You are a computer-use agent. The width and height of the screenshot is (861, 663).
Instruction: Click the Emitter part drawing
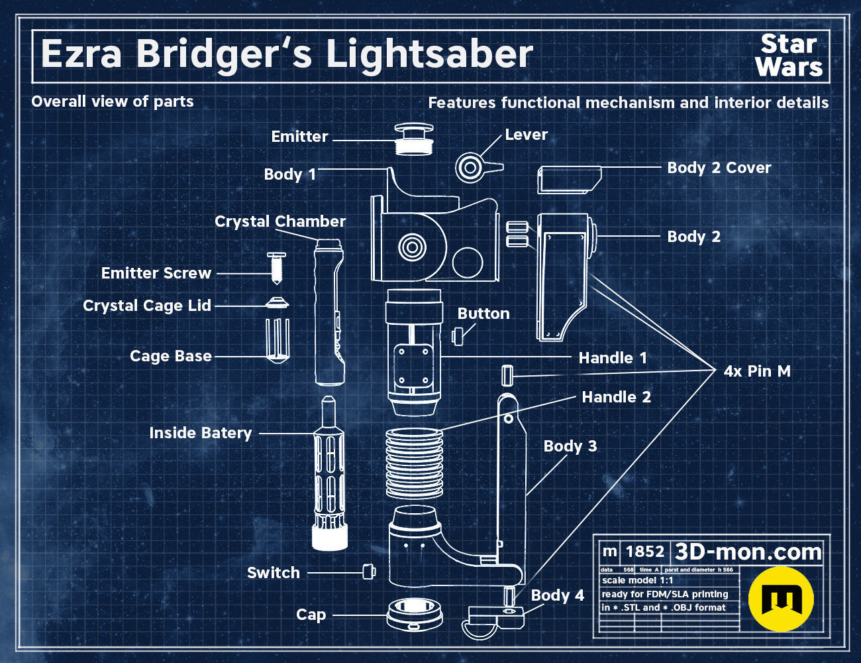click(x=413, y=139)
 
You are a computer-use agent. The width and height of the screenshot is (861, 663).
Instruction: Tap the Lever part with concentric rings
click(x=472, y=167)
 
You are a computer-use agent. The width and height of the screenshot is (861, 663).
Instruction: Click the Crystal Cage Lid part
click(x=277, y=304)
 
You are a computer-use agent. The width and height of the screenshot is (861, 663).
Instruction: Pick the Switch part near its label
click(x=369, y=571)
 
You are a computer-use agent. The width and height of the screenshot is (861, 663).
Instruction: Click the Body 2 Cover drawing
click(x=569, y=180)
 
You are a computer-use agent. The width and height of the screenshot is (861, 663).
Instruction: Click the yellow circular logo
click(x=781, y=599)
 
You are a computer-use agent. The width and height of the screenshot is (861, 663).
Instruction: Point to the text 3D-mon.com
click(x=748, y=552)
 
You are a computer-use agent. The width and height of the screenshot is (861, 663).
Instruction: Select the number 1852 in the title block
click(x=644, y=552)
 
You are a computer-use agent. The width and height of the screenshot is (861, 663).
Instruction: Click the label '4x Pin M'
click(x=757, y=371)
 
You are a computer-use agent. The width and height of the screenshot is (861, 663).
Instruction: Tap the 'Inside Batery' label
click(x=201, y=433)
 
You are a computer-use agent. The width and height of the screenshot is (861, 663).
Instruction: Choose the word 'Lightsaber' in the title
click(x=429, y=54)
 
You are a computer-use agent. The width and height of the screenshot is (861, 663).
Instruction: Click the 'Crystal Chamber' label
click(x=280, y=221)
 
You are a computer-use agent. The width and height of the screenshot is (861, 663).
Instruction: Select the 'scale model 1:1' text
click(x=637, y=581)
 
